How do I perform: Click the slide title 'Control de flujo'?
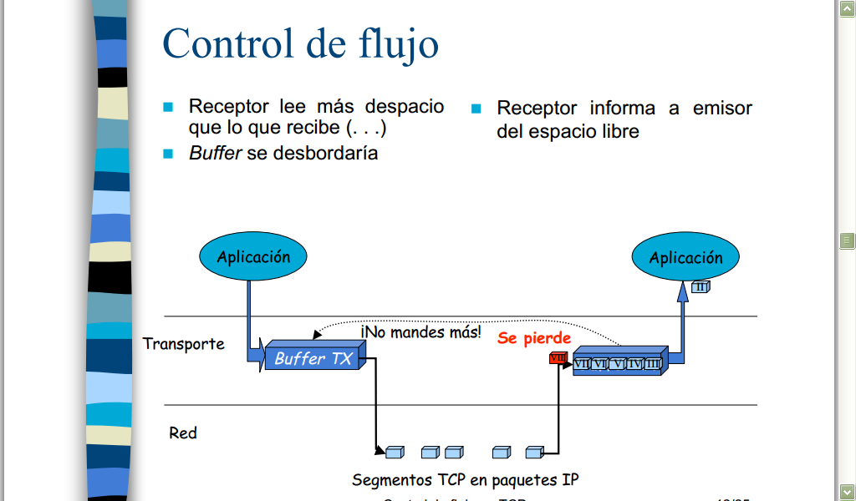[x=300, y=43]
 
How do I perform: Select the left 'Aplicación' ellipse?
[x=253, y=257]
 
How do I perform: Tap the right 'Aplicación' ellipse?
[x=685, y=258]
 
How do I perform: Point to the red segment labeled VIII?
[x=558, y=358]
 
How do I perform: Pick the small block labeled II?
[x=701, y=287]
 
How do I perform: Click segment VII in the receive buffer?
[x=582, y=364]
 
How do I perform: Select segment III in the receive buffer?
[x=652, y=364]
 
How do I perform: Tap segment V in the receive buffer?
[x=617, y=364]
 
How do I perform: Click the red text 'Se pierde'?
[x=534, y=338]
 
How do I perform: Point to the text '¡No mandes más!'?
[x=421, y=331]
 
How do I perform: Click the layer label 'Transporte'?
[x=183, y=344]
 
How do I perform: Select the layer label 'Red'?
[x=183, y=433]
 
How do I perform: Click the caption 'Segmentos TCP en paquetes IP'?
[x=465, y=480]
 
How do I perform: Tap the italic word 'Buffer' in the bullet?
[x=215, y=154]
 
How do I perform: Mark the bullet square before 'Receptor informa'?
[x=476, y=109]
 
